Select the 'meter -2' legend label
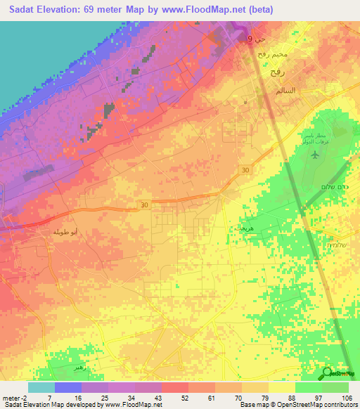tap(13, 397)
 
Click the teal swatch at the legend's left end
tap(41, 387)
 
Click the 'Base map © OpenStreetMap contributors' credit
tap(297, 405)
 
